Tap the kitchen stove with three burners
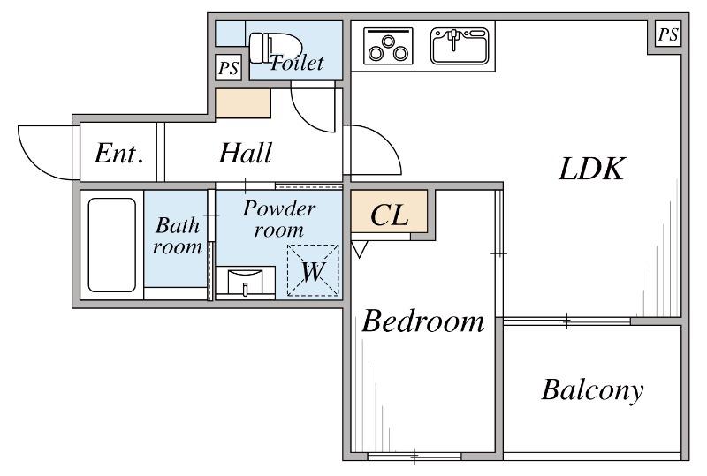(x=388, y=46)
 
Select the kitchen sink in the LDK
(x=460, y=46)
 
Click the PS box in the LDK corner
(x=668, y=34)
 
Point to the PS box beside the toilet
(x=228, y=68)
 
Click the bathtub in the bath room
(x=112, y=245)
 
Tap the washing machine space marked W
(x=313, y=270)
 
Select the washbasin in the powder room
(x=246, y=282)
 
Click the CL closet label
(x=389, y=215)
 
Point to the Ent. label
(x=119, y=154)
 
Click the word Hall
(x=246, y=153)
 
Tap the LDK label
(x=591, y=169)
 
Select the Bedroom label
(x=423, y=321)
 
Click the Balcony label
(x=592, y=390)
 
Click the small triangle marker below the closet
(x=360, y=249)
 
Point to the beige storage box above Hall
(x=243, y=103)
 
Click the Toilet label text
(x=297, y=62)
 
